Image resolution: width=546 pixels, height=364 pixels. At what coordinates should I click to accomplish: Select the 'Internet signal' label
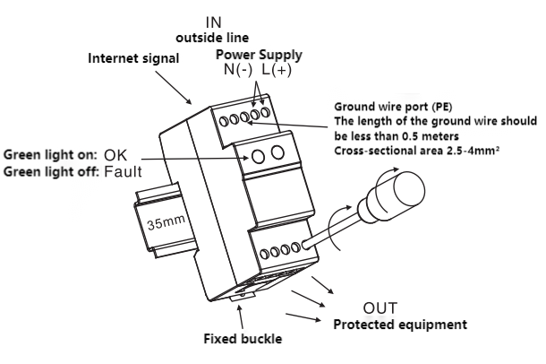(133, 58)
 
